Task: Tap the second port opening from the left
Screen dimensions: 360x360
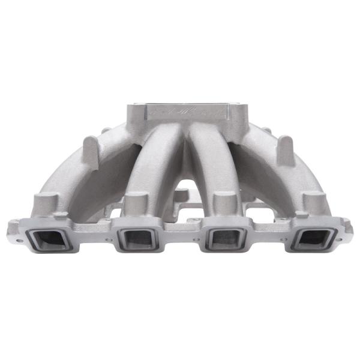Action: (137, 239)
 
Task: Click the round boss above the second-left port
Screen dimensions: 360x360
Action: (136, 201)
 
